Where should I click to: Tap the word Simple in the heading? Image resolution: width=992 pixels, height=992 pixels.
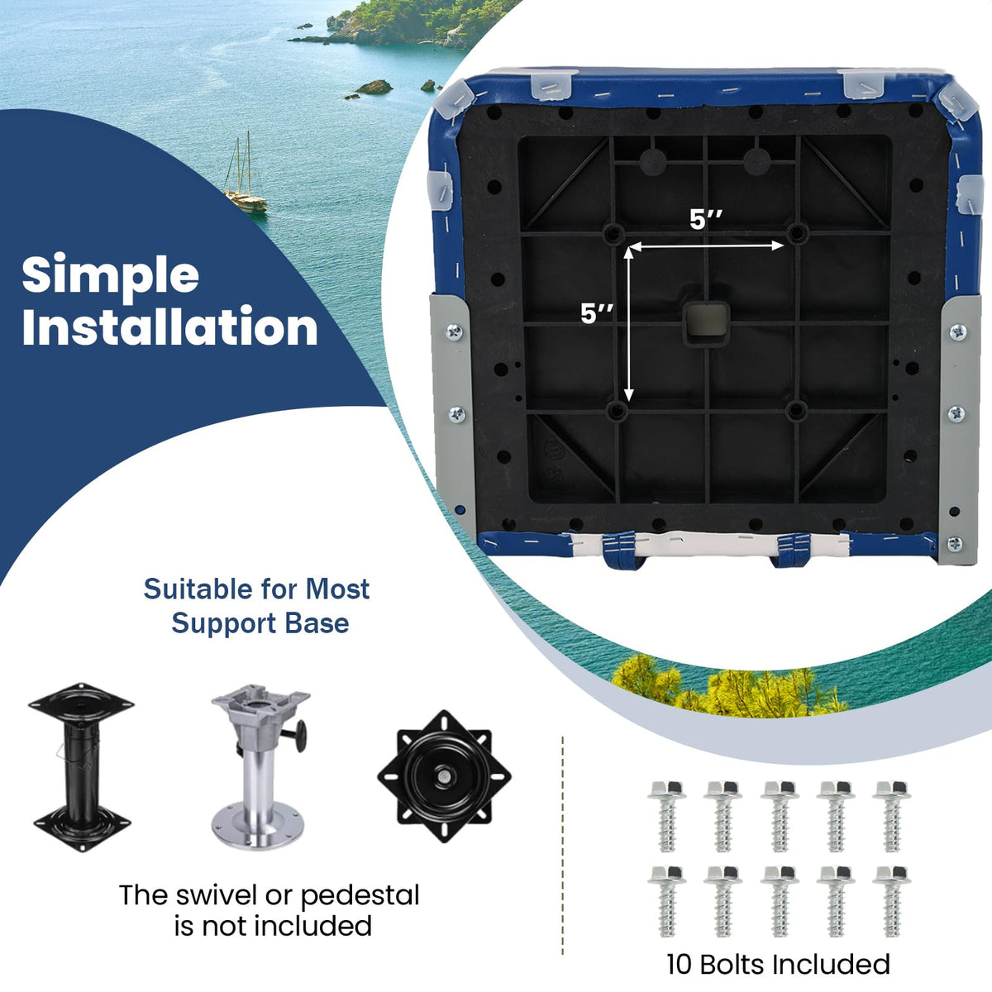tap(111, 274)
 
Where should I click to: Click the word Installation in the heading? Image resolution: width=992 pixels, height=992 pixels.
tap(170, 327)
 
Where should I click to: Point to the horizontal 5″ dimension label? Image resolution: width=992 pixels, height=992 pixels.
tap(706, 221)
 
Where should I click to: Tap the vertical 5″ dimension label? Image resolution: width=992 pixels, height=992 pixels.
tap(597, 313)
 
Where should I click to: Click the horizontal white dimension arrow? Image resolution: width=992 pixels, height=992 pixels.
tap(706, 246)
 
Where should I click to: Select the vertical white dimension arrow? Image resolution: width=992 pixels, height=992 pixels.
tap(628, 324)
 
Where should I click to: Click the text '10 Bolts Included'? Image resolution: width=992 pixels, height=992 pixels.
tap(778, 964)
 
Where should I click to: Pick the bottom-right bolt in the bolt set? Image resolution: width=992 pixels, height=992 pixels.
tap(892, 900)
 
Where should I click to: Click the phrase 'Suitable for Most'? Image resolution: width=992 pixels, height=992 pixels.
tap(256, 589)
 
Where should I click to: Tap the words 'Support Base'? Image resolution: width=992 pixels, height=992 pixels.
tap(260, 624)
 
